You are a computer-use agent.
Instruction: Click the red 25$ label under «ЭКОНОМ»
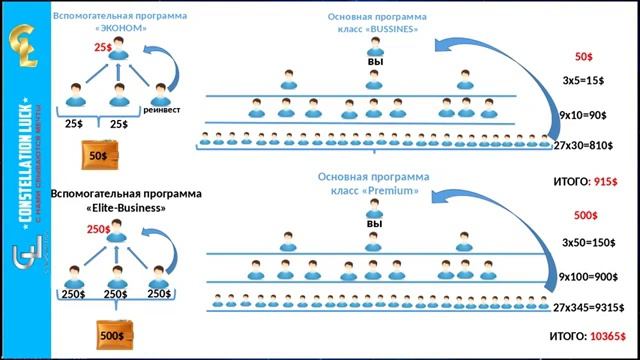pyautogui.click(x=103, y=47)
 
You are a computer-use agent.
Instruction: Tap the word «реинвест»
pyautogui.click(x=162, y=110)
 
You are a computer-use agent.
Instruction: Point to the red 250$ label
pyautogui.click(x=98, y=229)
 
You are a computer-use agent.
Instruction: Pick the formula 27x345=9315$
pyautogui.click(x=590, y=306)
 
